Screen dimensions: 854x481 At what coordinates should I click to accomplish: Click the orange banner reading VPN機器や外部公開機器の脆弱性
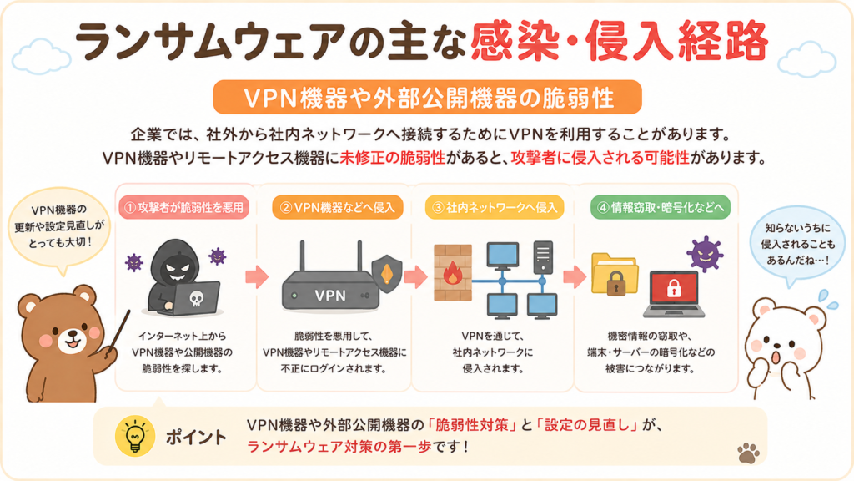428,97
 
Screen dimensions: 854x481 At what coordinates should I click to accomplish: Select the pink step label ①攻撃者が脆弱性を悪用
184,207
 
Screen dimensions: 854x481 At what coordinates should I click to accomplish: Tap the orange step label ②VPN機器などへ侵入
337,207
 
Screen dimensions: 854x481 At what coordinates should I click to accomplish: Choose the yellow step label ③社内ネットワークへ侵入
495,207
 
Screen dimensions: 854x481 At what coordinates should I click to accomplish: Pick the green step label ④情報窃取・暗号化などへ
661,207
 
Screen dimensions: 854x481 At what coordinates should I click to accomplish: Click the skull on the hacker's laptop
196,298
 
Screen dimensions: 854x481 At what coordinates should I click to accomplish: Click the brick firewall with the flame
453,273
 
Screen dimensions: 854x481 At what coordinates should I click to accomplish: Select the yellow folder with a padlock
615,274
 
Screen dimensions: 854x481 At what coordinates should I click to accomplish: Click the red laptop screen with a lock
674,288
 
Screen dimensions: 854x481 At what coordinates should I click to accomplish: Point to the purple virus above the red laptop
705,254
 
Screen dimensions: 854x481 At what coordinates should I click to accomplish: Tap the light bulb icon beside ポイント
134,436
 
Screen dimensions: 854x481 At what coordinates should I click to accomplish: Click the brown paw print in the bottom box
748,452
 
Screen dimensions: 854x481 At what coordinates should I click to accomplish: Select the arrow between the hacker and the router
257,277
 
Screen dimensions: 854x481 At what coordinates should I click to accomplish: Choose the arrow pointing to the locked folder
574,277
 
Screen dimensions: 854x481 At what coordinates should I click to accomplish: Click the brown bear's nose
72,331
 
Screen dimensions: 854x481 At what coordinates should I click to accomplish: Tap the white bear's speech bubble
796,246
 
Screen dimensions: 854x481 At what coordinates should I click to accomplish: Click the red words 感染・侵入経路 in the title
620,42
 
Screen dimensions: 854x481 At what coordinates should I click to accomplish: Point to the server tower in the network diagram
542,258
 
